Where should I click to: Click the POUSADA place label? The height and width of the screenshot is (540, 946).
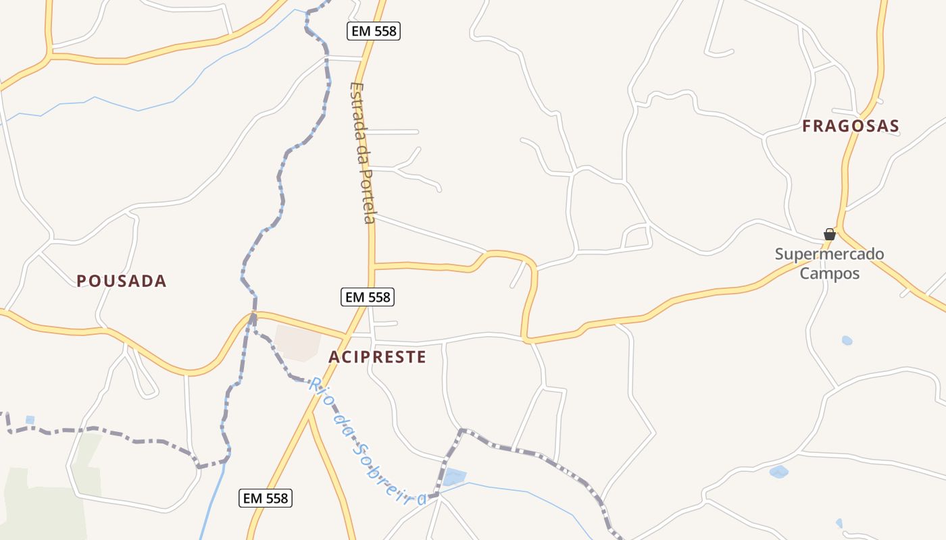point(121,281)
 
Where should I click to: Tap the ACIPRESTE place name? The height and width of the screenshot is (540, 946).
point(377,357)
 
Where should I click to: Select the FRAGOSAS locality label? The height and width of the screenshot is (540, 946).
point(851,126)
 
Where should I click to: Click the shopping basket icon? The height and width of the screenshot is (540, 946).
point(830,234)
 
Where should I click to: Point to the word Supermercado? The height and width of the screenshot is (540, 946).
point(829,254)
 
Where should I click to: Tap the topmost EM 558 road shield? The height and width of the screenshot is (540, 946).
point(374,30)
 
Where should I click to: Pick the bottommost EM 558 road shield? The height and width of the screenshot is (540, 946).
point(266,499)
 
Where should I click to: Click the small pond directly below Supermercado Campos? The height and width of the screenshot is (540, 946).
point(847,340)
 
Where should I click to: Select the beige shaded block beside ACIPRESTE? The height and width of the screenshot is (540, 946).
point(298,342)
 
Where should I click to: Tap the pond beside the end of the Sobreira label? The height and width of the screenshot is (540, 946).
point(454,477)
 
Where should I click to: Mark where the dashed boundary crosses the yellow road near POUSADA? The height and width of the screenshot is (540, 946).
point(252,315)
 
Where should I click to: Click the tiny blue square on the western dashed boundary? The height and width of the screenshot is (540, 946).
point(30,420)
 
